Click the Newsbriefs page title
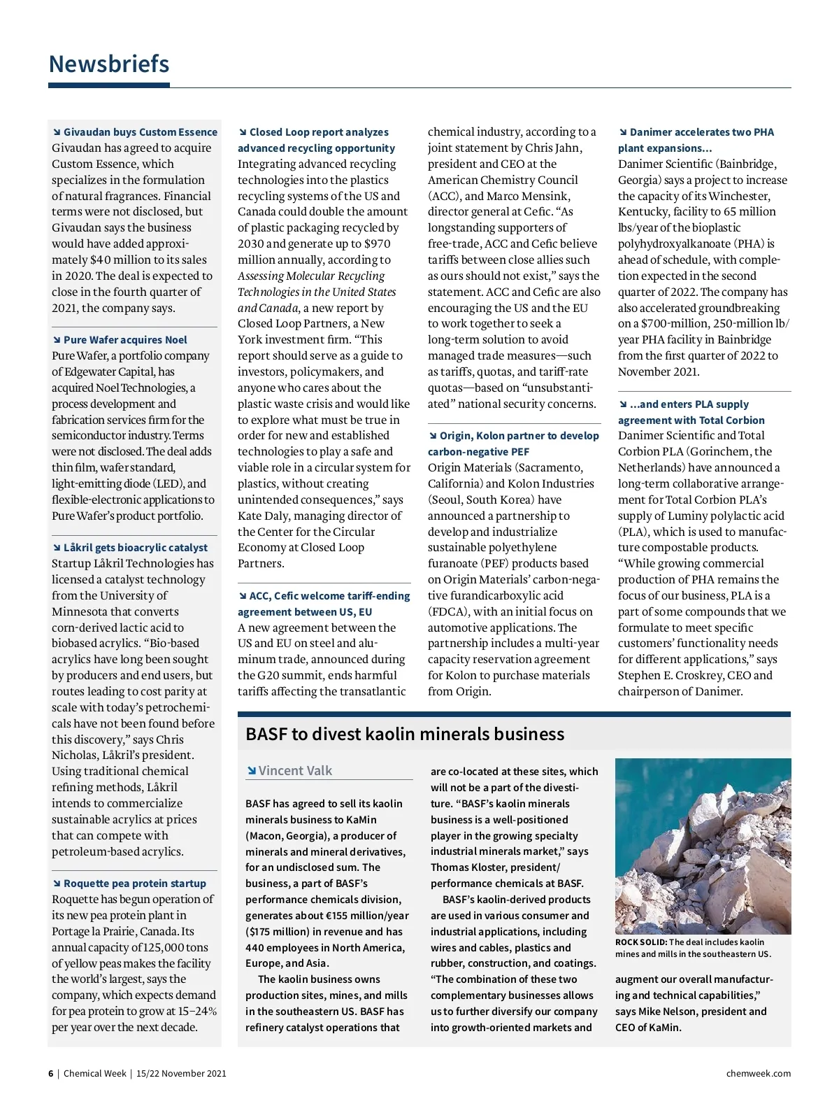point(109,64)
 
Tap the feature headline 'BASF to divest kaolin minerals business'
point(405,734)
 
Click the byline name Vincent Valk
point(295,770)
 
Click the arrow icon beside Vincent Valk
point(251,771)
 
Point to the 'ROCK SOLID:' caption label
point(641,942)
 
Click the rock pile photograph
point(703,846)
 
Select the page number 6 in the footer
point(50,1073)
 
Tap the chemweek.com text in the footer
point(759,1073)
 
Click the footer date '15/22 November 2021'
point(181,1073)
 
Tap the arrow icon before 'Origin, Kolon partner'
point(433,435)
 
